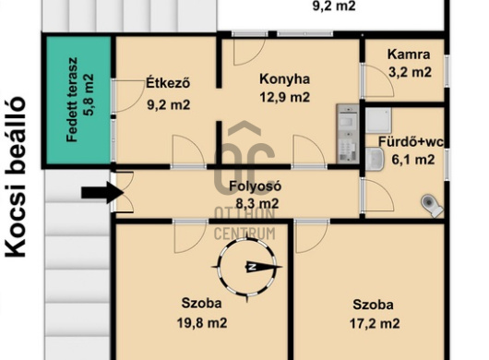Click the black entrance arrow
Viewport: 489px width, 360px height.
pos(103,193)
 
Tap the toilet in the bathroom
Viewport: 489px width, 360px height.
pos(432,206)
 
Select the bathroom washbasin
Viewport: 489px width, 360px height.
pos(375,160)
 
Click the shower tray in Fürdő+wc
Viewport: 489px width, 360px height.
pos(378,120)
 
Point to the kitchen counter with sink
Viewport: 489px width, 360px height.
pos(348,134)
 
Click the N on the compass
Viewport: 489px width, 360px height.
pos(252,267)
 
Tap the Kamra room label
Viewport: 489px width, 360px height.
pos(409,54)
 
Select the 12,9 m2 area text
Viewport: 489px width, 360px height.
pos(285,97)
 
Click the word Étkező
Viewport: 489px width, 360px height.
pos(168,83)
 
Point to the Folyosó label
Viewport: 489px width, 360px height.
pos(255,186)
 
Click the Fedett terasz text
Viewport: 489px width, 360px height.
pos(72,100)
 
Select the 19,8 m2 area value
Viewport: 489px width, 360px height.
pos(202,322)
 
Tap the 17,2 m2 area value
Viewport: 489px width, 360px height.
pos(375,323)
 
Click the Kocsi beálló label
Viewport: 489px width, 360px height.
pos(15,176)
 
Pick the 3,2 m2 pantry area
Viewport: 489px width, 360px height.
pos(410,72)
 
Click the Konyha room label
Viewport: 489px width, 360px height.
pos(285,79)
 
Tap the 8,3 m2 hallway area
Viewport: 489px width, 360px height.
pos(257,204)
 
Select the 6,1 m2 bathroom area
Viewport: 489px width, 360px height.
pos(413,160)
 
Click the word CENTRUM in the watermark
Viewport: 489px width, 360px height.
pos(244,234)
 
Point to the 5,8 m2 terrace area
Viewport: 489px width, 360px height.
pos(88,94)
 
